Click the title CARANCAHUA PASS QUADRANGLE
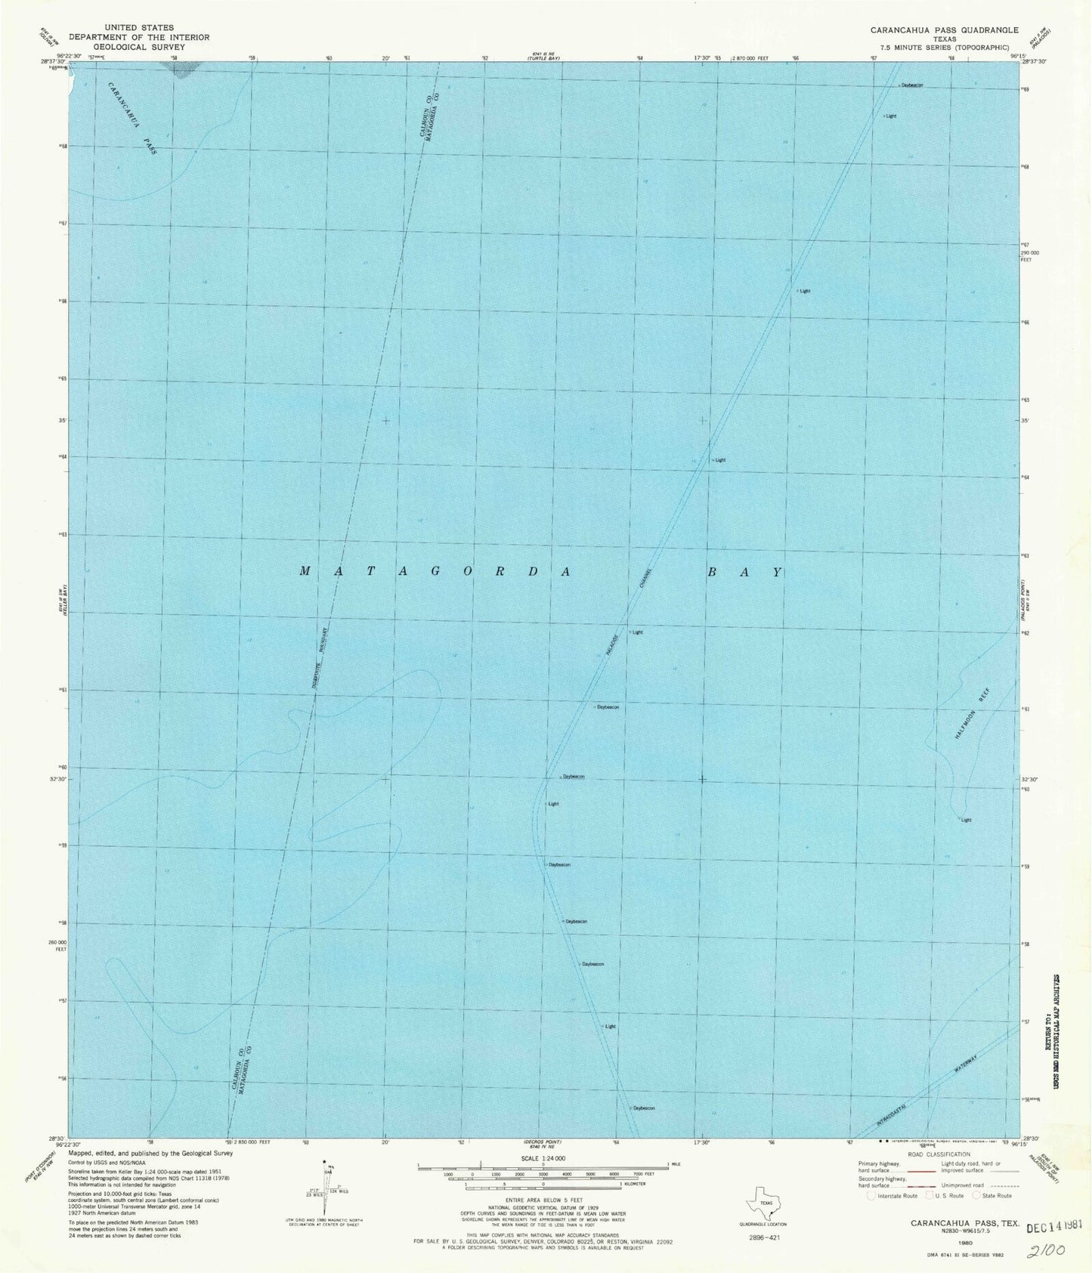[x=945, y=29]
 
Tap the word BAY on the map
[x=744, y=572]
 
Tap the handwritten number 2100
[x=1047, y=1250]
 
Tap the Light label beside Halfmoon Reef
[x=966, y=820]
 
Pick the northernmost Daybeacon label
[x=911, y=85]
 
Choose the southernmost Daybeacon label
[x=643, y=1108]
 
